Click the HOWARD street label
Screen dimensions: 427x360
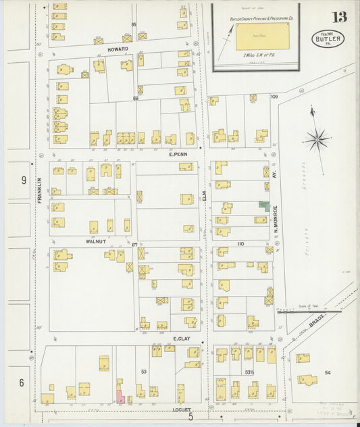117,49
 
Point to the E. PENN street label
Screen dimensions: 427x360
178,154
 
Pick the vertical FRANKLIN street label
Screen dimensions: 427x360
39,191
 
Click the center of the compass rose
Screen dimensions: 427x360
316,140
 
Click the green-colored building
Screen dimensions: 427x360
263,206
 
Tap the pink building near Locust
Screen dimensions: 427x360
120,397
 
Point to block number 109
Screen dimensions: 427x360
274,97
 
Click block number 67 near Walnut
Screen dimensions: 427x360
134,245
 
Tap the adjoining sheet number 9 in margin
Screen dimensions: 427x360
23,180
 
